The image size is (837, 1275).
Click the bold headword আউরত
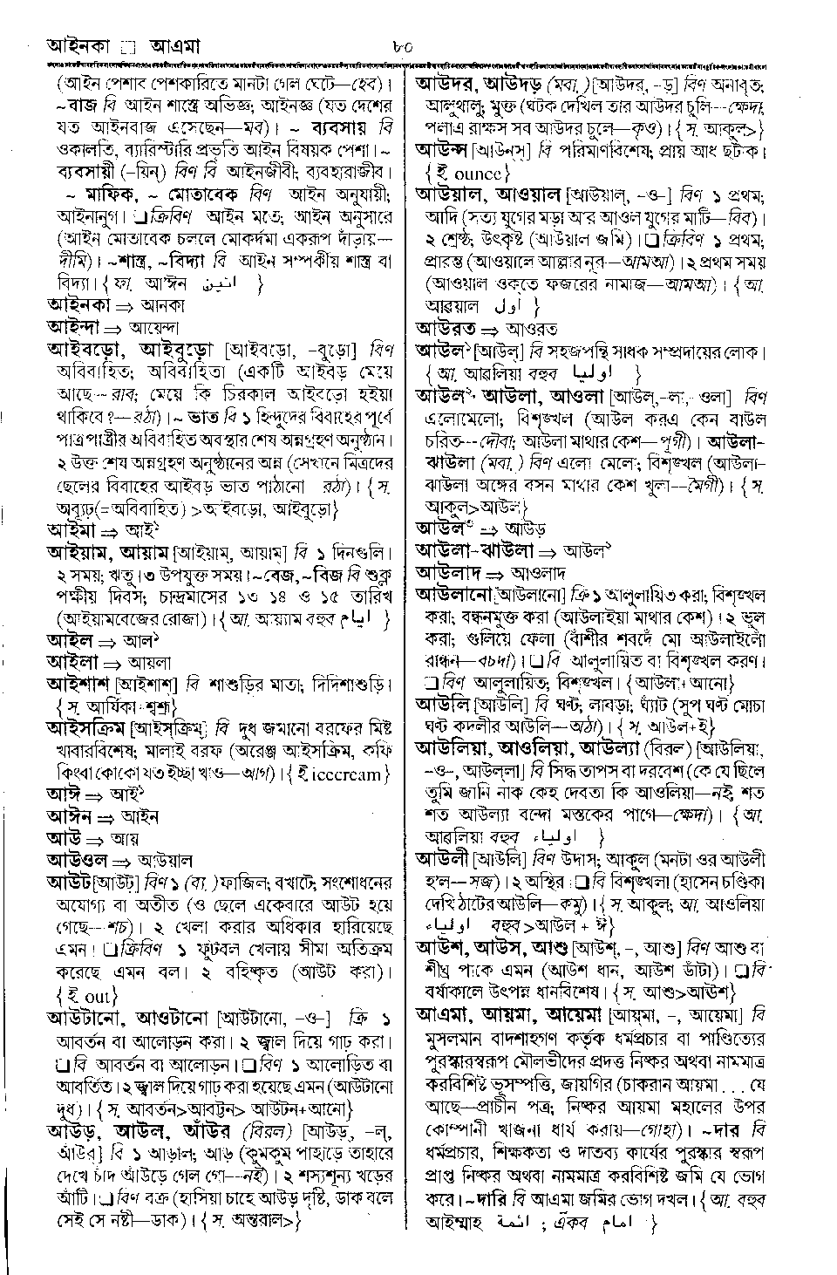tap(446, 330)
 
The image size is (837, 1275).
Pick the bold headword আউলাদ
tap(449, 574)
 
